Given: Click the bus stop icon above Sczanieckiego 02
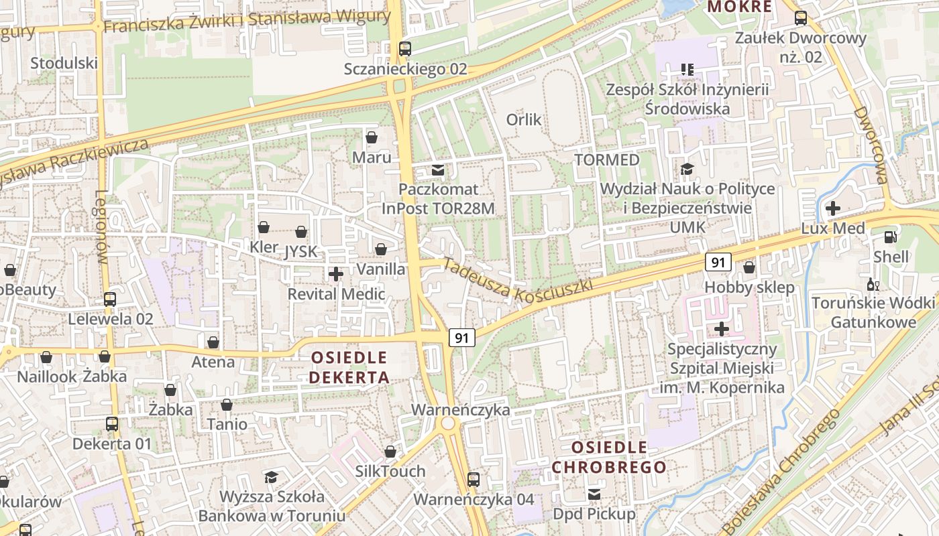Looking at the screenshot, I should (404, 49).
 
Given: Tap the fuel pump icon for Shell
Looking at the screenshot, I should (891, 237).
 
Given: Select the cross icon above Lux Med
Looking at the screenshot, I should (833, 208).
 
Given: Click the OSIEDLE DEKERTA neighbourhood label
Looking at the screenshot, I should (349, 367).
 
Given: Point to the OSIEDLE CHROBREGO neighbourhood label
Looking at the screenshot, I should (609, 457).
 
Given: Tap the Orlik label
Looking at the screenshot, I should (524, 120).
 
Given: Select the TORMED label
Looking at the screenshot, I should (607, 160).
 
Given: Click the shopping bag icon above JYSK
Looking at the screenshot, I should (301, 232).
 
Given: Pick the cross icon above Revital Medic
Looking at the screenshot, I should (336, 274).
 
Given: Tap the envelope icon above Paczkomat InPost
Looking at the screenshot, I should (438, 170).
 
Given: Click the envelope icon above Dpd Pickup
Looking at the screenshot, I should (594, 494).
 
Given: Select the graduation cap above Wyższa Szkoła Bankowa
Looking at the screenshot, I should (271, 477).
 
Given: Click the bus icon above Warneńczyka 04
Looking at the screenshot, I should (474, 479).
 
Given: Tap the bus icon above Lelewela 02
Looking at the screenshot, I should (110, 299).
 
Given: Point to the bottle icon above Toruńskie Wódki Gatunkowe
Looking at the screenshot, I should (873, 285).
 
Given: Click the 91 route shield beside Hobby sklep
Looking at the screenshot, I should (718, 263).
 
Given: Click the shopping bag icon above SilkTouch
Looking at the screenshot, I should (390, 452).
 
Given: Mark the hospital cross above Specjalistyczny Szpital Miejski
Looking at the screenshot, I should (722, 329).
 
